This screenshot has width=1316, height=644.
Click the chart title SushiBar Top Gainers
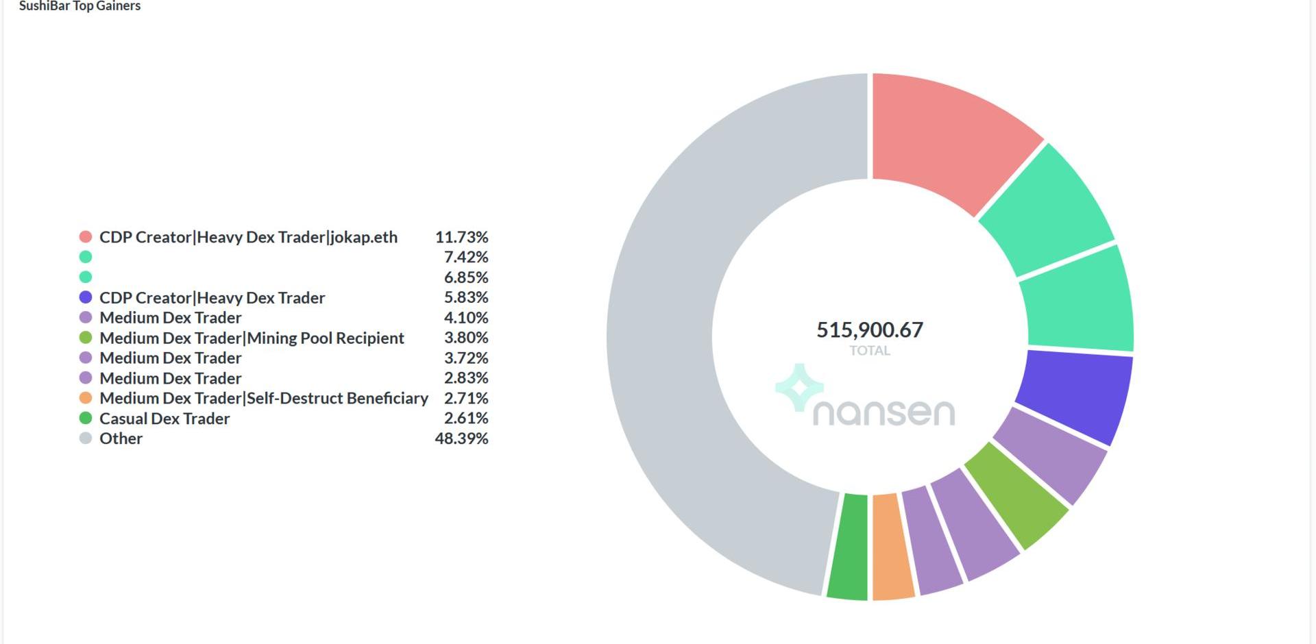point(80,6)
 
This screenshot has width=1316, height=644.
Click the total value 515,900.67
point(870,330)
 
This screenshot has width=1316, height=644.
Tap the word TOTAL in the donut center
point(870,351)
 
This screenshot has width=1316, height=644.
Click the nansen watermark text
point(884,412)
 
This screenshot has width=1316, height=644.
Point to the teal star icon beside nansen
point(799,387)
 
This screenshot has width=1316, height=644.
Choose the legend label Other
point(121,438)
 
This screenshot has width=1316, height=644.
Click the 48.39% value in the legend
point(461,438)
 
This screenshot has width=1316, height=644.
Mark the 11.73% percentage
point(461,237)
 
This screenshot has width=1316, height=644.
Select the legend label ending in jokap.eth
point(248,237)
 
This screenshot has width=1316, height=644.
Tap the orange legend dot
point(86,398)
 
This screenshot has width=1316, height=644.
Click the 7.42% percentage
point(466,257)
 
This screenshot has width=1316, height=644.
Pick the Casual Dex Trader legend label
point(164,419)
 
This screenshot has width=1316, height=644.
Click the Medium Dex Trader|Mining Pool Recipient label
point(252,338)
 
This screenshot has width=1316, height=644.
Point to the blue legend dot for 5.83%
point(86,297)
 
